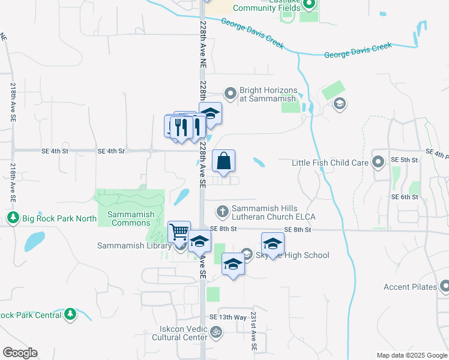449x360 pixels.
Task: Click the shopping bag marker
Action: click(223, 161)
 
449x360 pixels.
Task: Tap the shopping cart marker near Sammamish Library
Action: click(179, 232)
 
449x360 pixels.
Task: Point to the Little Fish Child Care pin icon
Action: click(378, 162)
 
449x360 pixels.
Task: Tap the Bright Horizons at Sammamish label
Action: click(268, 94)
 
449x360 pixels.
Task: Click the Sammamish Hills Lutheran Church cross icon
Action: click(222, 211)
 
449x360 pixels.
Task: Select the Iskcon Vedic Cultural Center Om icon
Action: click(216, 331)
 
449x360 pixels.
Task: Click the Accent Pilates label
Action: click(410, 287)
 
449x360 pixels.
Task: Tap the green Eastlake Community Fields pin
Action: click(309, 5)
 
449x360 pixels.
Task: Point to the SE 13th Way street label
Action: click(228, 317)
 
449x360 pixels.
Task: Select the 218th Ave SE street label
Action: click(13, 102)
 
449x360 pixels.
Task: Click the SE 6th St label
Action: click(404, 197)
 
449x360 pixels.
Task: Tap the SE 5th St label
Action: click(404, 160)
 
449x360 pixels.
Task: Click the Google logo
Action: click(20, 353)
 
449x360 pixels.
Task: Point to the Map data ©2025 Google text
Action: click(411, 355)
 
